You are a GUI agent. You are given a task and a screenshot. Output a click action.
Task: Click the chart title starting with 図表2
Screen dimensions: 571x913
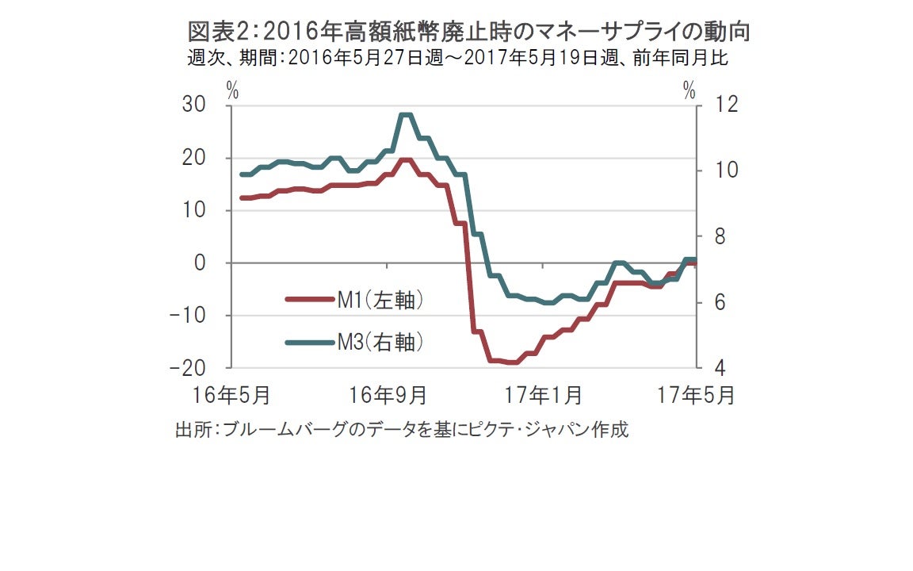pos(468,32)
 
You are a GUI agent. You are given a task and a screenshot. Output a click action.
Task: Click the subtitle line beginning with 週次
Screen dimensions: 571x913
pos(457,59)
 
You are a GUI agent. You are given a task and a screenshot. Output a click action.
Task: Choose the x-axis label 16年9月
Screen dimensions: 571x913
pos(388,394)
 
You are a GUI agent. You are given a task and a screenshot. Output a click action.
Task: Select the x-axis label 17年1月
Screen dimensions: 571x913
pos(544,394)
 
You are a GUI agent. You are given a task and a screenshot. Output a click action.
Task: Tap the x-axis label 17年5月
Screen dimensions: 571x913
pos(696,394)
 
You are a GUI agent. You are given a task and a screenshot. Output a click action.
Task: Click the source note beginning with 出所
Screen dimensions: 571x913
pos(402,430)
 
